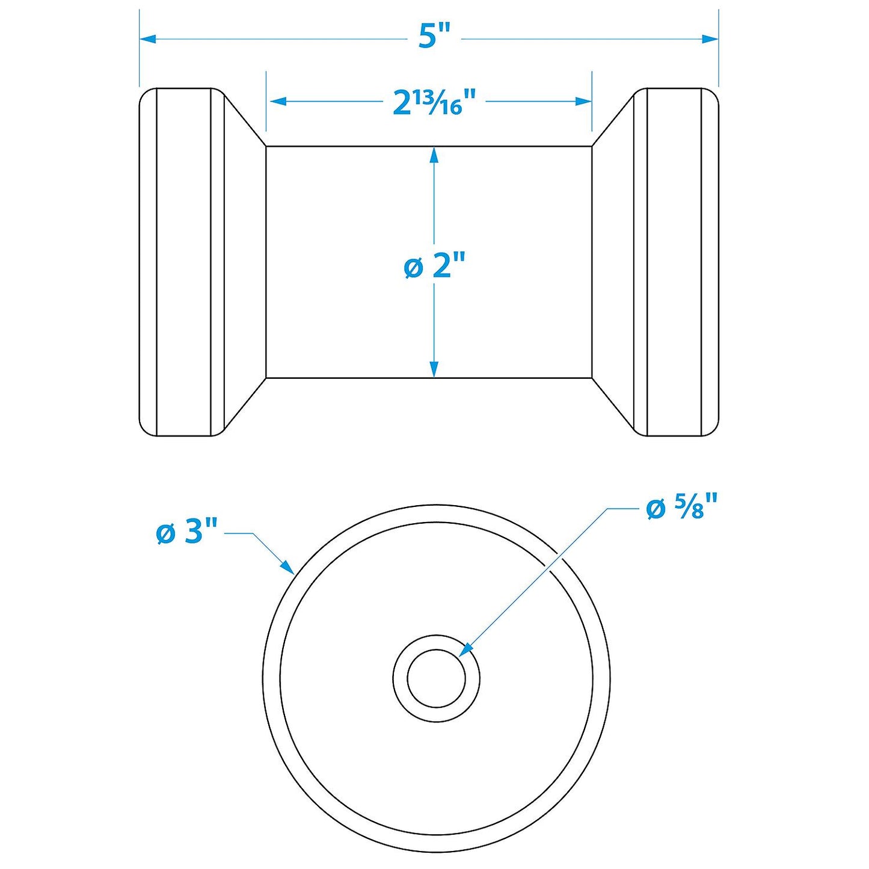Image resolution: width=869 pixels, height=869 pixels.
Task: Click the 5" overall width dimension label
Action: click(434, 38)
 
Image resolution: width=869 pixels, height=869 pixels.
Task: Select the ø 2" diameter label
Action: click(435, 265)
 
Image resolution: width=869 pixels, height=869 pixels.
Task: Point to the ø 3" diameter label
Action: click(186, 532)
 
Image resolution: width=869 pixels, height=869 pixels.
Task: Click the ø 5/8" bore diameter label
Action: click(682, 509)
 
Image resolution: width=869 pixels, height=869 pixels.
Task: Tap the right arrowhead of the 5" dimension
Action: click(711, 39)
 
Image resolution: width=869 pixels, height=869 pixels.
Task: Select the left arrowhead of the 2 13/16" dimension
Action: click(277, 102)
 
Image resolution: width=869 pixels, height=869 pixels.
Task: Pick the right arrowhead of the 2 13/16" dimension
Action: click(584, 102)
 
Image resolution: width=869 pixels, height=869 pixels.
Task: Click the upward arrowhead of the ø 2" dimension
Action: click(434, 155)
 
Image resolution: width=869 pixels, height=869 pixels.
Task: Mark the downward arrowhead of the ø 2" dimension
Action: click(434, 370)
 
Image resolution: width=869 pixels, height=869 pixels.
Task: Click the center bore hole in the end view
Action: click(436, 678)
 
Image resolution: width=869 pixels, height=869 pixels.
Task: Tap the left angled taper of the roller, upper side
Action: click(245, 120)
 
